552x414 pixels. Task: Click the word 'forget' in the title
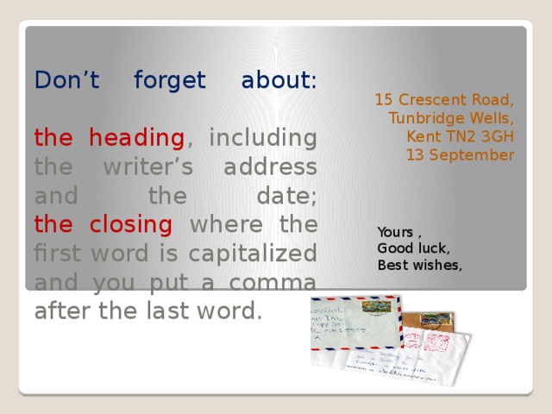point(170,81)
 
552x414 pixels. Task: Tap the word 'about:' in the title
point(279,81)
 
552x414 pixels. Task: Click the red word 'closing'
point(130,225)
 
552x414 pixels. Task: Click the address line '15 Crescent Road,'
point(444,99)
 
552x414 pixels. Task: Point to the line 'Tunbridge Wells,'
point(451,118)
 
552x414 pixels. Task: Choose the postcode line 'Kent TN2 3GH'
point(460,136)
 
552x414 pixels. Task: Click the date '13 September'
point(460,155)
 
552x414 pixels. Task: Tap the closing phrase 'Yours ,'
point(399,232)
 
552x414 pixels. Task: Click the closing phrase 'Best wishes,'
point(420,265)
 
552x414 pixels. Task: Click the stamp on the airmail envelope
point(377,307)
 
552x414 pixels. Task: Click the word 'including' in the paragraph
point(263,138)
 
